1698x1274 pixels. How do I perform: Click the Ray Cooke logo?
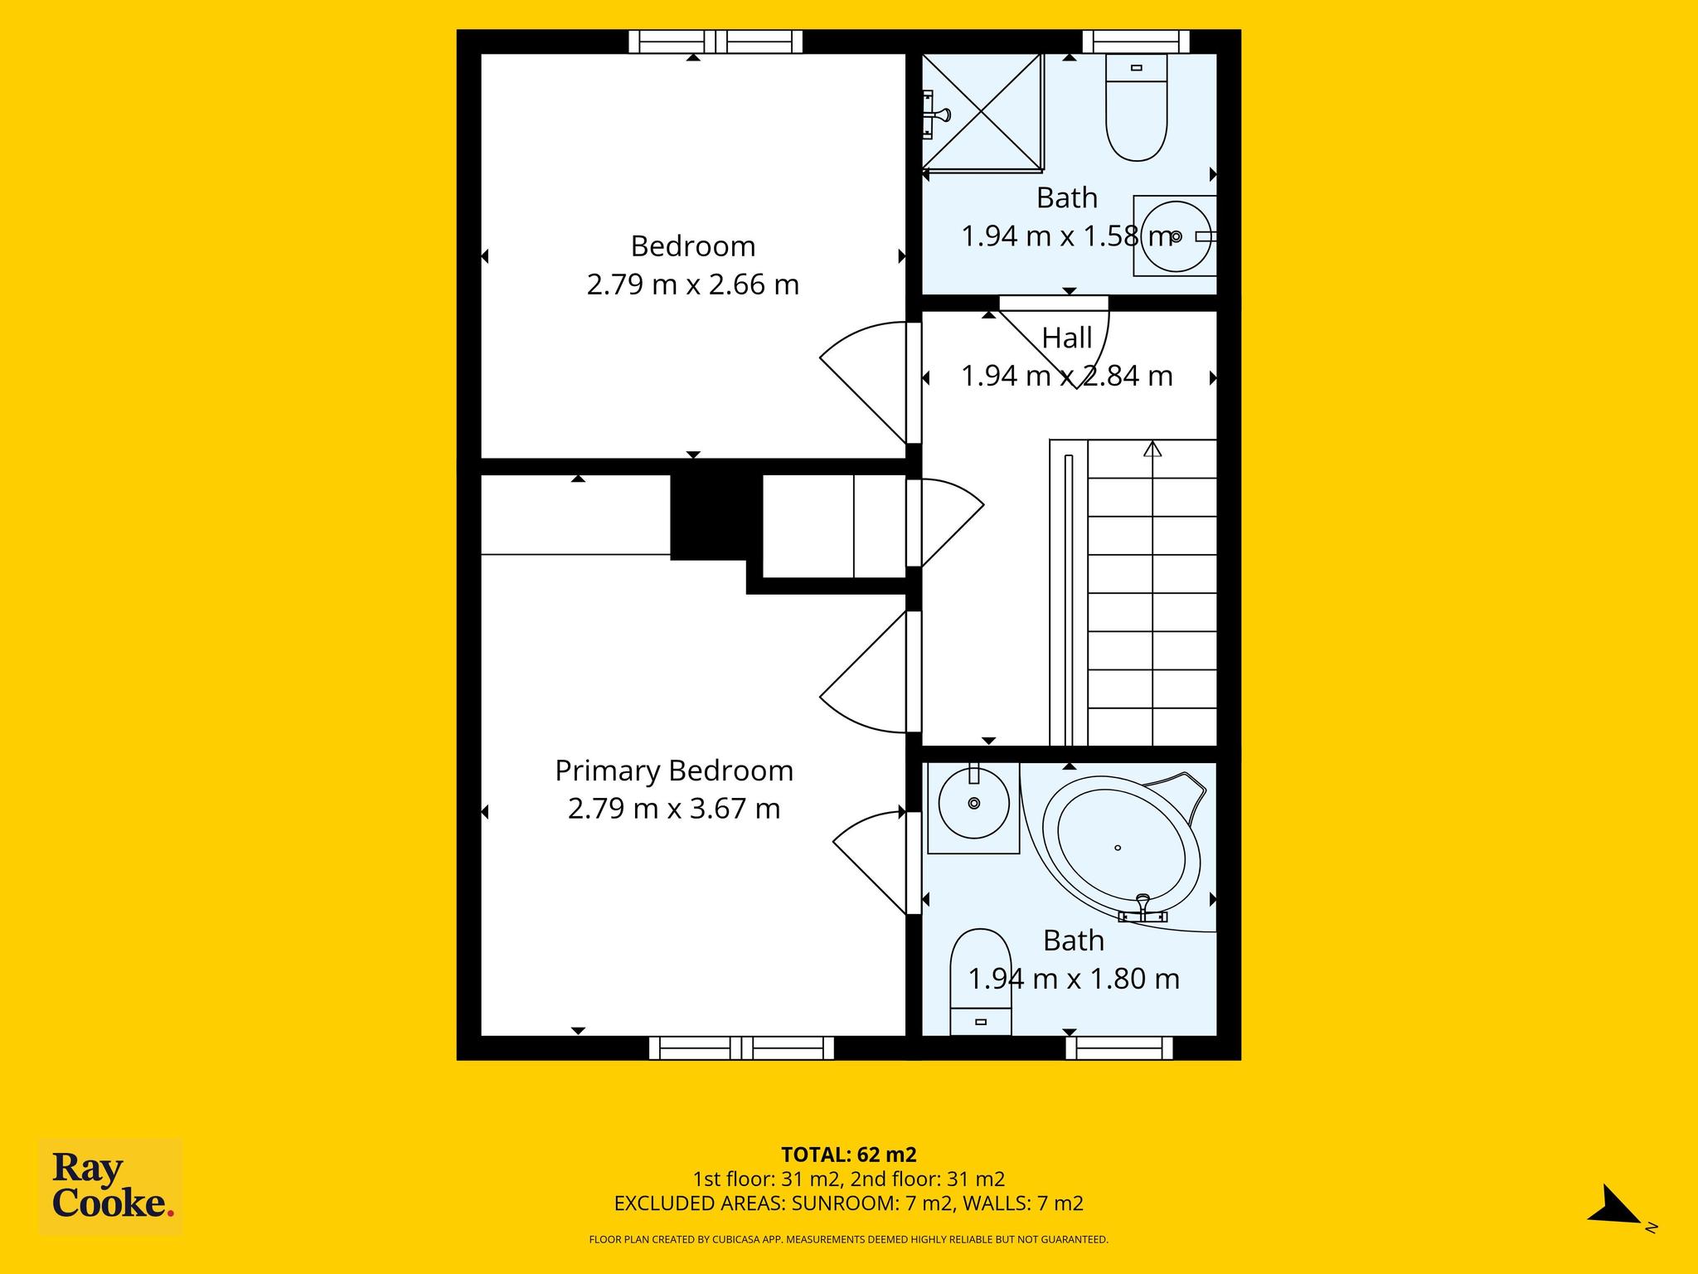[x=110, y=1188]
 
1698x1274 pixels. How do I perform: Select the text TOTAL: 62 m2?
[x=848, y=1155]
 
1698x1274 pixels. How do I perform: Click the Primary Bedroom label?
[x=674, y=771]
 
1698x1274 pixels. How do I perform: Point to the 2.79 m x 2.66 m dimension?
[x=693, y=285]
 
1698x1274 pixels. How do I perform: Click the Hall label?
[x=1067, y=338]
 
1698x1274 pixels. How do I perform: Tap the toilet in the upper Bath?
[x=1137, y=107]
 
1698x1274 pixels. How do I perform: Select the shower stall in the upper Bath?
[x=982, y=114]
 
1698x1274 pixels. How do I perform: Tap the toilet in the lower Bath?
[x=981, y=981]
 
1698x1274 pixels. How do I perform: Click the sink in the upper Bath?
[x=1175, y=236]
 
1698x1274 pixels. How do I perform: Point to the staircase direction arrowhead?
[x=1152, y=449]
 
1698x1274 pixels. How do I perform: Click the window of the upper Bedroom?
[x=716, y=41]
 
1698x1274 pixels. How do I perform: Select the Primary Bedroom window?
[x=741, y=1048]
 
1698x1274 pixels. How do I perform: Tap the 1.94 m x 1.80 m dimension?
[x=1074, y=980]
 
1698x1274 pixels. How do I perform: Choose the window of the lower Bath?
[x=1119, y=1048]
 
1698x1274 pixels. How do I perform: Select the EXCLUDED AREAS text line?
[x=848, y=1203]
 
